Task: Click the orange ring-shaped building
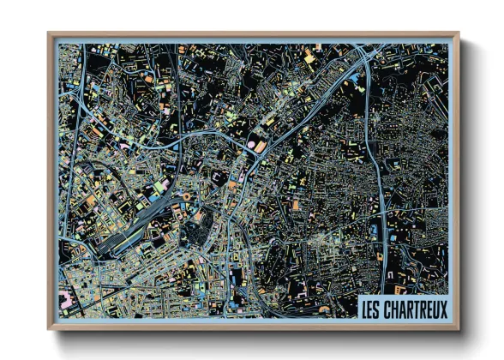(183, 197)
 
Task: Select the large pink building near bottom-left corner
(66, 300)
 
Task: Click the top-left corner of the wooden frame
(50, 34)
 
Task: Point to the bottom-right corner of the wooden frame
(458, 329)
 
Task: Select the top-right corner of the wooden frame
(458, 34)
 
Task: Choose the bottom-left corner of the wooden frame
(50, 329)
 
